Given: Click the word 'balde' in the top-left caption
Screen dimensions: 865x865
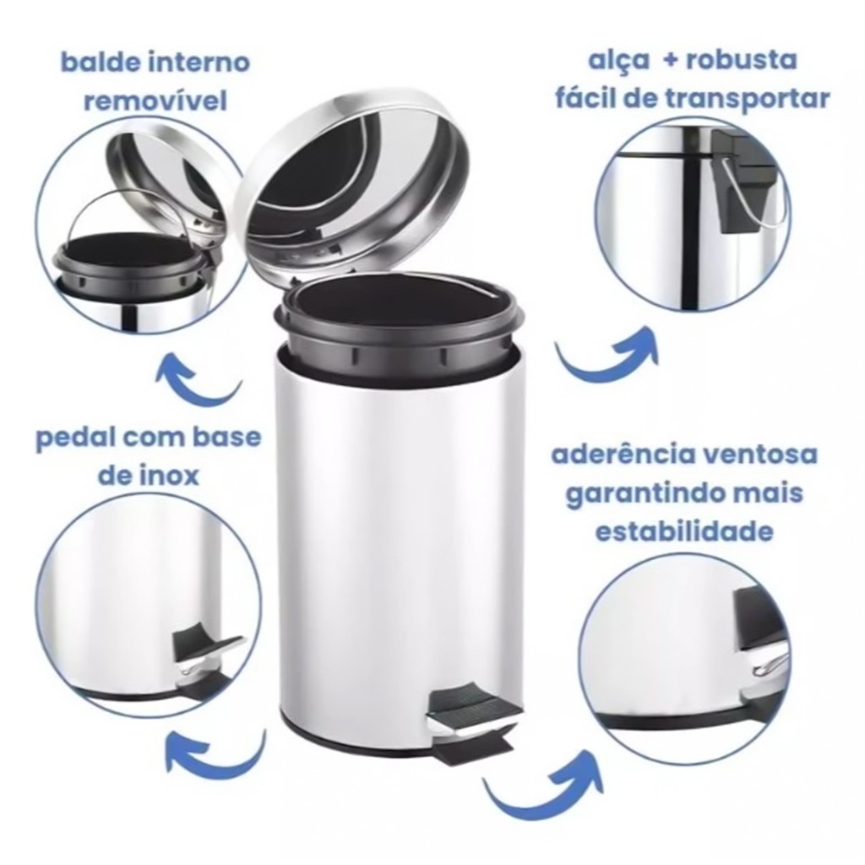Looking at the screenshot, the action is click(x=100, y=62).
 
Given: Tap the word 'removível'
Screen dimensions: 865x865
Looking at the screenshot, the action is click(x=155, y=101).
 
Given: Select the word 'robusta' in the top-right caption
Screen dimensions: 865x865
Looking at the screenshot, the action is click(x=741, y=60).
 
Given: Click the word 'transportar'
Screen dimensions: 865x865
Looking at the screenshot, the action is click(x=750, y=100).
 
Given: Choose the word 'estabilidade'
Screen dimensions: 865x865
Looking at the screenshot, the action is click(x=684, y=532).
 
